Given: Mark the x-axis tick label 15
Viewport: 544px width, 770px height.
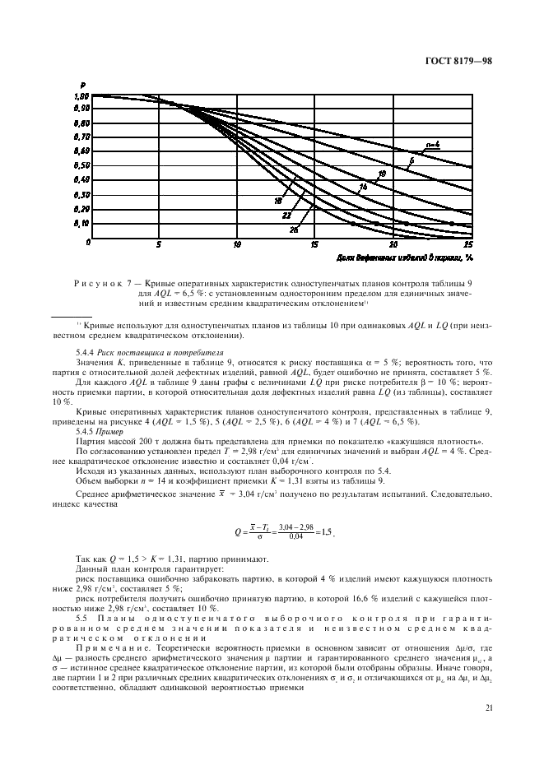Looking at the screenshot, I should (x=314, y=245).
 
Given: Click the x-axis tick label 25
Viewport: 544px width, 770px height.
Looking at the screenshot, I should (x=468, y=245).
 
